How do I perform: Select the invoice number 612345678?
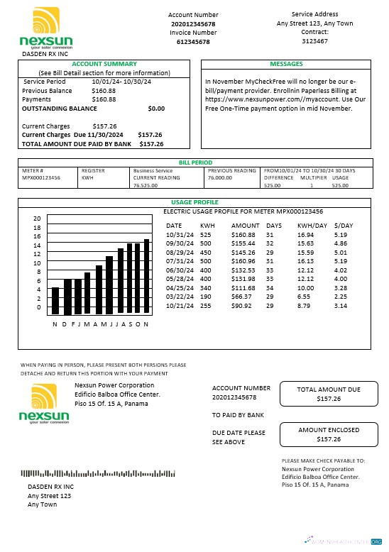[192, 43]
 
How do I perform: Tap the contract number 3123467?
[314, 42]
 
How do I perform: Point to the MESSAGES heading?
[286, 64]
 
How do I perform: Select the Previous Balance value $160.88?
[104, 91]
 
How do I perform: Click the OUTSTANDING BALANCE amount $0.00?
[155, 109]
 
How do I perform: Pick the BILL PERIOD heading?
[194, 162]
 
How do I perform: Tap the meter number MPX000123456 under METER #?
[41, 177]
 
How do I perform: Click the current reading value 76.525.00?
[146, 185]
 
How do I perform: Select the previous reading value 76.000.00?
[220, 177]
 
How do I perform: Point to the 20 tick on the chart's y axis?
[38, 219]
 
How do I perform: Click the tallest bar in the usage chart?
[146, 276]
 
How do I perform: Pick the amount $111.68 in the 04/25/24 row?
[243, 288]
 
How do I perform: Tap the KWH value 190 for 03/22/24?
[205, 297]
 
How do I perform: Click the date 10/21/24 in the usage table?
[179, 306]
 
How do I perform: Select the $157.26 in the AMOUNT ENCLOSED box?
[328, 439]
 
